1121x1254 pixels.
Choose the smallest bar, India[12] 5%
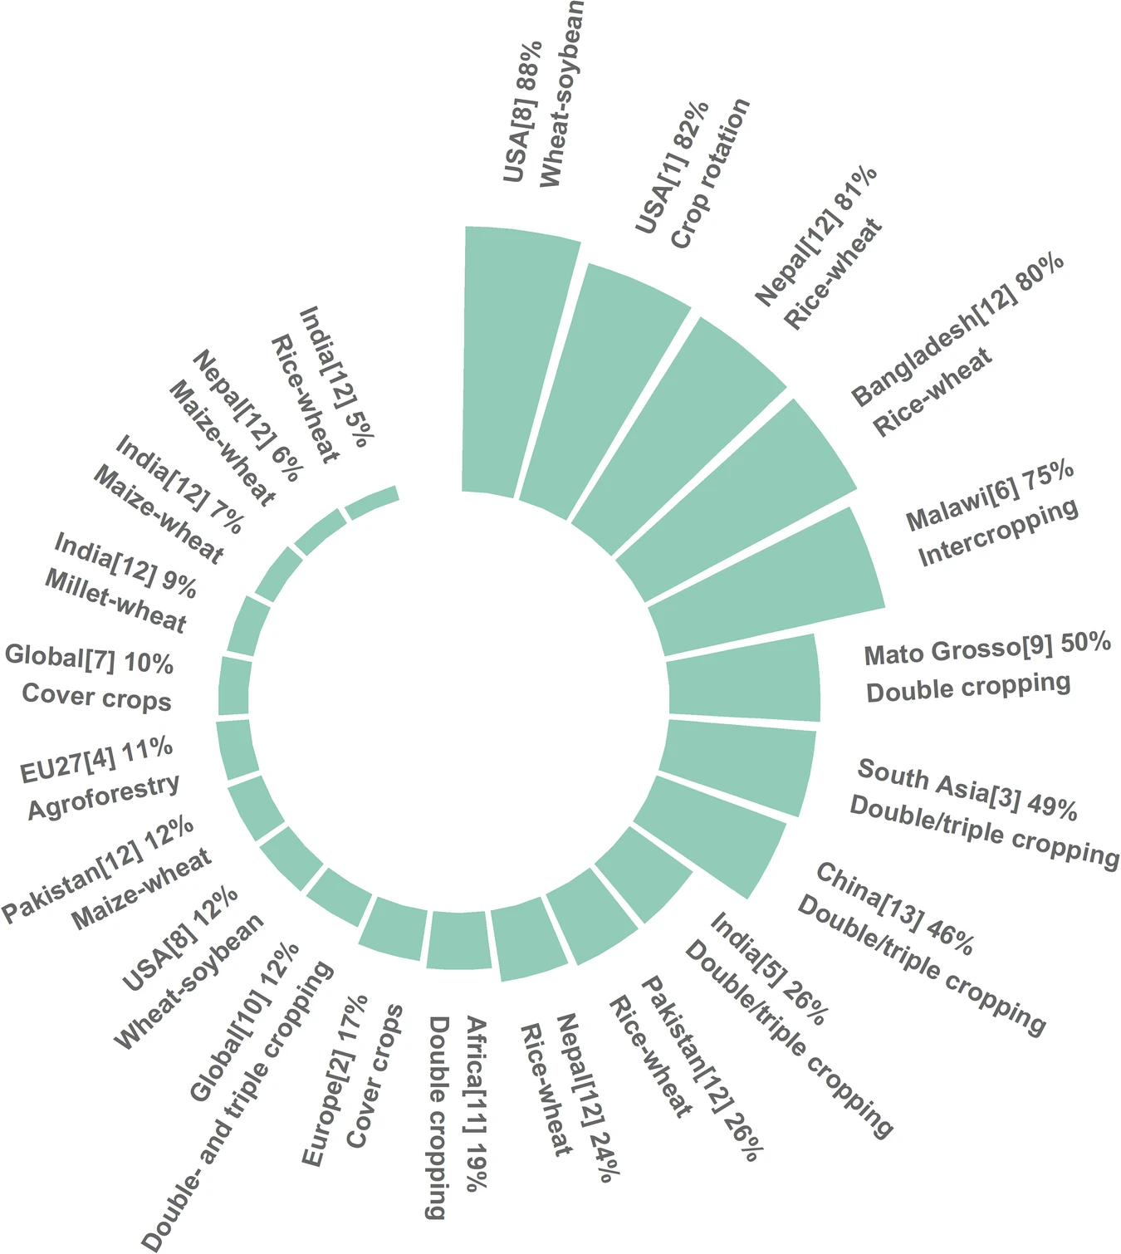point(372,503)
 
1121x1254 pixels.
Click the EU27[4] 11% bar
point(237,750)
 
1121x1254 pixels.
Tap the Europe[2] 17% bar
point(395,928)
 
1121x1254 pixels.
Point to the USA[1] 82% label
point(673,166)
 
